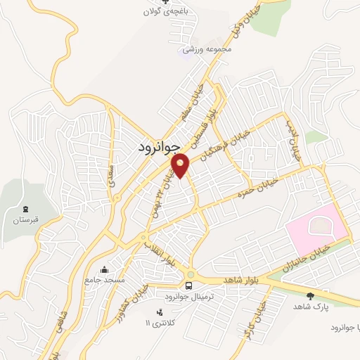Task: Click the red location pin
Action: coord(181,165)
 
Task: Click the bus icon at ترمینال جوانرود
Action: coord(188,285)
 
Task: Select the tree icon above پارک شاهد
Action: coord(311,297)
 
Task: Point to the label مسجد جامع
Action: coord(105,280)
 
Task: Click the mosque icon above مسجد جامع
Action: coord(104,269)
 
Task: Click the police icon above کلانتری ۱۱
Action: coord(158,311)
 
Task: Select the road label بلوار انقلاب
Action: coord(160,255)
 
